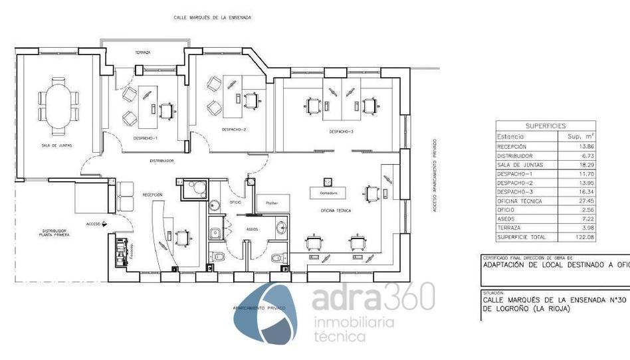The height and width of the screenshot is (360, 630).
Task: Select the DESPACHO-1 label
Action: coord(145,138)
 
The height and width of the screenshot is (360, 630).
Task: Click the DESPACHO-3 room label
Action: coord(342,132)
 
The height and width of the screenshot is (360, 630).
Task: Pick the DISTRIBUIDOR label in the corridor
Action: coord(161,161)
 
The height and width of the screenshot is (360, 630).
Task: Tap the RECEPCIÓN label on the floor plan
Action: coord(152,195)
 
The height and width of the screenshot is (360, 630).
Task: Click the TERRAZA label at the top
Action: coord(143,52)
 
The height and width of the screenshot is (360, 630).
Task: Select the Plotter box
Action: coord(272,203)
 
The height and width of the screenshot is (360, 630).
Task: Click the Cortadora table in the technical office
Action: coord(328,193)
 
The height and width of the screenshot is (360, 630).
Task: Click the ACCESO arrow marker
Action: coord(104,225)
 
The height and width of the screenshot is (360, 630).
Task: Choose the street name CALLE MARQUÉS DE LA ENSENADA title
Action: coord(212,17)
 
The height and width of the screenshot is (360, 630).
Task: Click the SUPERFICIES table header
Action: coord(546,126)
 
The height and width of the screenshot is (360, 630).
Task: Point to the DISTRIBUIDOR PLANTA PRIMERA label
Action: coord(54,232)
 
